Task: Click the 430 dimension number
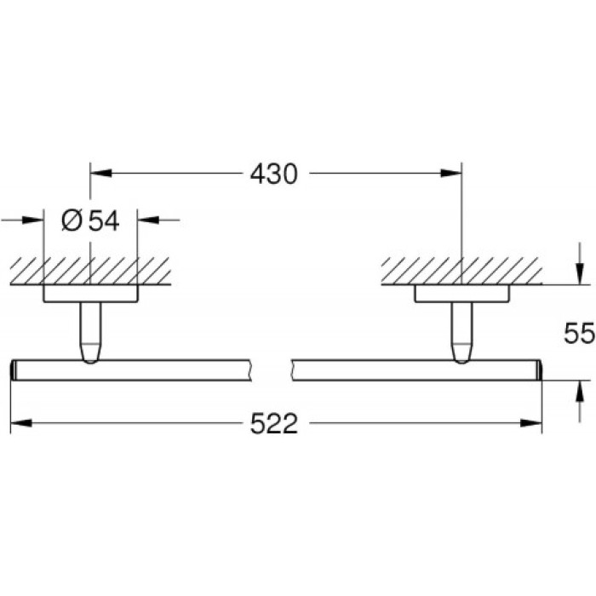pos(273,175)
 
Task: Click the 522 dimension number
pos(273,423)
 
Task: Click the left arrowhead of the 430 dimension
pos(101,175)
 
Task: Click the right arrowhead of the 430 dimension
pos(451,175)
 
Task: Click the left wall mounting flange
pos(90,294)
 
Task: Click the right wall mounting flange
pos(461,294)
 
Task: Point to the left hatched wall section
pos(90,271)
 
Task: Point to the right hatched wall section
pos(461,271)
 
